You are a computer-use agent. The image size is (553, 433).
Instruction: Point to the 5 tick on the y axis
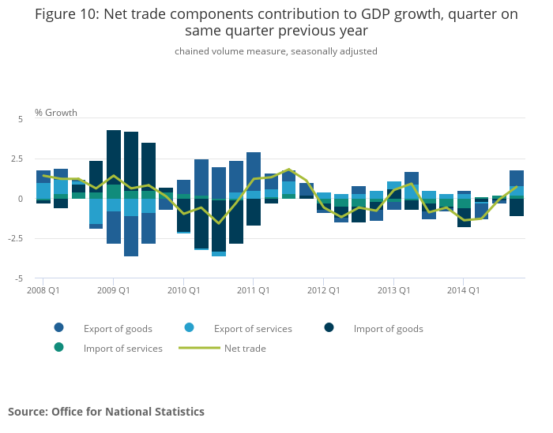pos(21,119)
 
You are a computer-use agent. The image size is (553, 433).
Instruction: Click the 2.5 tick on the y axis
pos(17,159)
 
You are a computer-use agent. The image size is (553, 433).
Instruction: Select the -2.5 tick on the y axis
pos(16,239)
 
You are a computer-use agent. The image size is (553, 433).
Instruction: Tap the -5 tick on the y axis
pos(20,279)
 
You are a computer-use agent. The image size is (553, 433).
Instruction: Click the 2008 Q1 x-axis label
pos(43,290)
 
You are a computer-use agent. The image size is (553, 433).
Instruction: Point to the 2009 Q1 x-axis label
pos(113,290)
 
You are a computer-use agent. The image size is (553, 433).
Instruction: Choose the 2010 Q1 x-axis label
pos(183,290)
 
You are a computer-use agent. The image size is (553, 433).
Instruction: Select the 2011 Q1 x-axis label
pos(253,290)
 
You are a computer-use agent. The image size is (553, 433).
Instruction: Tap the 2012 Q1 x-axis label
pos(323,290)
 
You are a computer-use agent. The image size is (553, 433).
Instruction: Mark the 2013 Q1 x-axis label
pos(393,290)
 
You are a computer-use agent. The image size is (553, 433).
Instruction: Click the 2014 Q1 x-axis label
pos(464,290)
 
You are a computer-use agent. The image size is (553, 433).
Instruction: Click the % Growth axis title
pos(56,113)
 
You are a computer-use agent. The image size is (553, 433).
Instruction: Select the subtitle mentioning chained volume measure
pos(276,51)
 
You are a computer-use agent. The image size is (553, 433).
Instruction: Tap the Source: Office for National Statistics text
pos(106,412)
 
